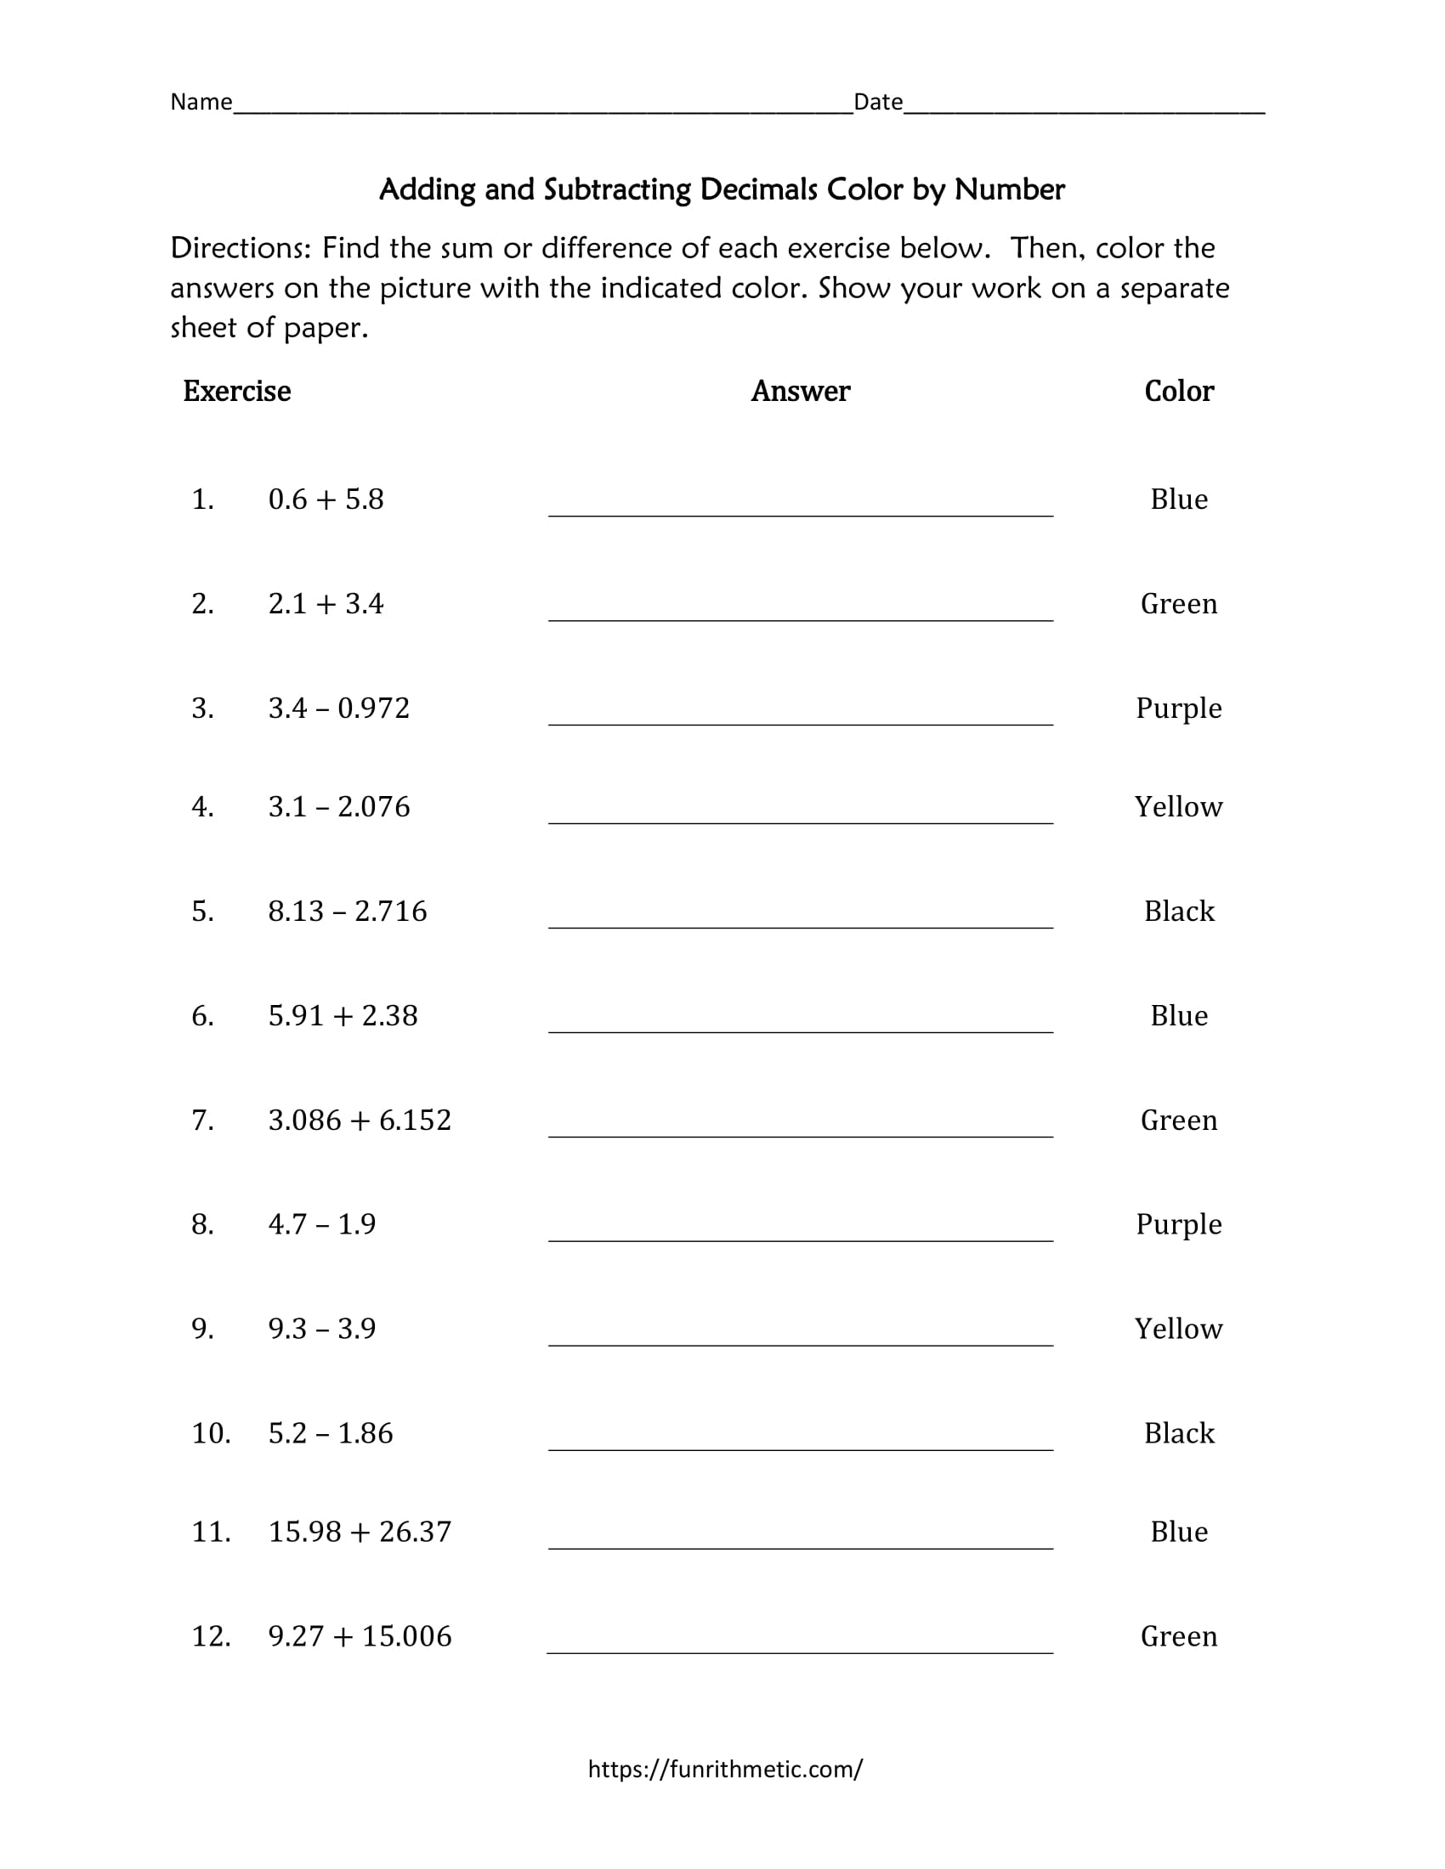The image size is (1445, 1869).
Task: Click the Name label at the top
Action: click(201, 102)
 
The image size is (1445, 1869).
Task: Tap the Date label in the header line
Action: click(877, 102)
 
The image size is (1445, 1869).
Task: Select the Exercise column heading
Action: click(236, 391)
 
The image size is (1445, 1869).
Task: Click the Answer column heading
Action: click(801, 391)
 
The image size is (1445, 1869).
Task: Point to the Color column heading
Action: click(1179, 391)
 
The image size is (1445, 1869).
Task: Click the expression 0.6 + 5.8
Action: click(326, 499)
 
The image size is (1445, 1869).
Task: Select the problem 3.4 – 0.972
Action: click(339, 708)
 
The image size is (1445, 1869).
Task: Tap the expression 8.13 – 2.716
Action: click(347, 911)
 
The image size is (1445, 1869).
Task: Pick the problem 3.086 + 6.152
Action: click(360, 1120)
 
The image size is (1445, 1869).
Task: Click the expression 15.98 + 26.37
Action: click(360, 1531)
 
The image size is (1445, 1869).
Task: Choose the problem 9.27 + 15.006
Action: click(360, 1635)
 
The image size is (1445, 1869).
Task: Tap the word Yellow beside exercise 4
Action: click(1179, 806)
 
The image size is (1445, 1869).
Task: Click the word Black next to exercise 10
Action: click(1179, 1432)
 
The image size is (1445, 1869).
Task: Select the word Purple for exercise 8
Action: click(1179, 1224)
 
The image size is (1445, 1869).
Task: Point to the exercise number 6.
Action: click(202, 1015)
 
